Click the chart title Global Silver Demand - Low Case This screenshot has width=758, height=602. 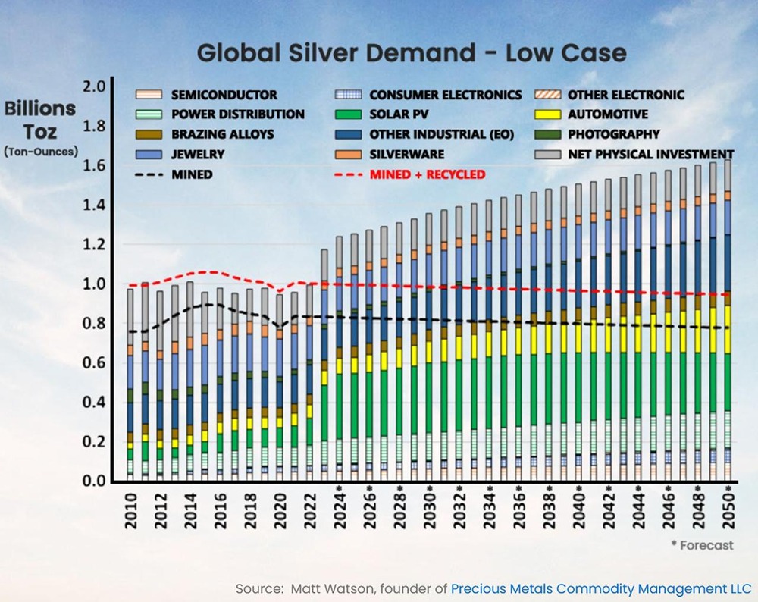coord(412,53)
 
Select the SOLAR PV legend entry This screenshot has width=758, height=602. coord(401,114)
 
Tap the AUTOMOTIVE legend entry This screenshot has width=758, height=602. coord(607,114)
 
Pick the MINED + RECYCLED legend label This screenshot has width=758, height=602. coord(428,174)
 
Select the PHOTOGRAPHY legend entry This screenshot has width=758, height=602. coord(614,134)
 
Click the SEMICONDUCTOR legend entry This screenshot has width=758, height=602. coord(224,95)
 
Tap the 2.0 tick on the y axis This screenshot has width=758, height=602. coord(94,86)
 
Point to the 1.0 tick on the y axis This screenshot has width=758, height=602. coord(94,284)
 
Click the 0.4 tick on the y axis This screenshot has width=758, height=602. coord(94,403)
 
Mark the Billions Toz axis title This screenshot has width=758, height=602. coord(40,120)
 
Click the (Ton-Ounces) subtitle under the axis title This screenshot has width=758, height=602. coord(40,151)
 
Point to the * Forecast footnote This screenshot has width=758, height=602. coord(702,545)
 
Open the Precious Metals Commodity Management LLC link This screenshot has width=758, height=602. coord(601,588)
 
